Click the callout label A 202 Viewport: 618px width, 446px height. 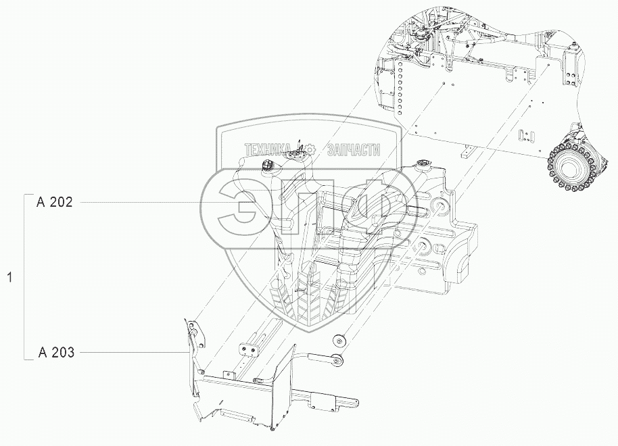(59, 202)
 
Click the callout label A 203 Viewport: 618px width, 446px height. (59, 352)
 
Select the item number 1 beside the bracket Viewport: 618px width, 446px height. (9, 277)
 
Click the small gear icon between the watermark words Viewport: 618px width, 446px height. (310, 148)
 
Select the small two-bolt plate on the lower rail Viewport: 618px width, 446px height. (249, 349)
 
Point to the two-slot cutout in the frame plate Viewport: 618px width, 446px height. (525, 137)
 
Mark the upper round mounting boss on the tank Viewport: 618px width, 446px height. (437, 206)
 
